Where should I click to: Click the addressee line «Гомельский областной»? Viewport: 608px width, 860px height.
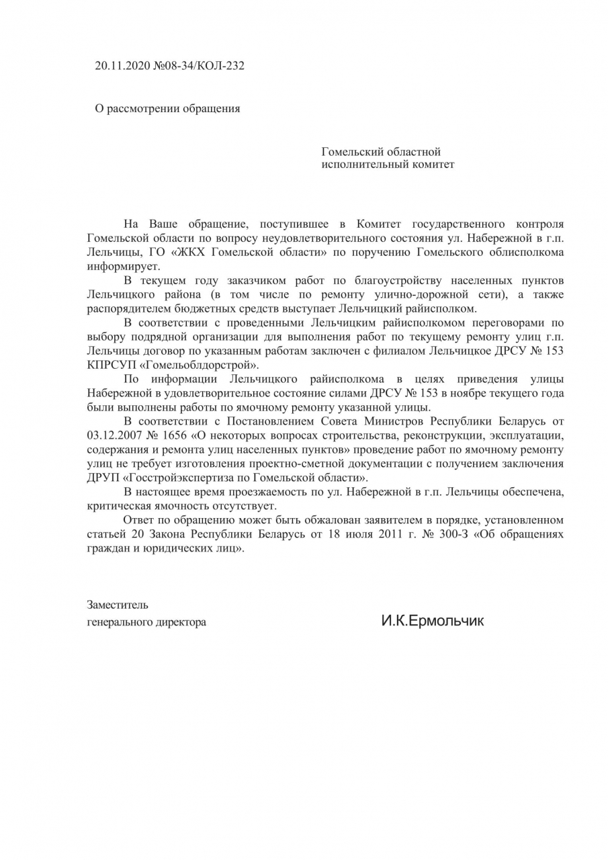pos(381,152)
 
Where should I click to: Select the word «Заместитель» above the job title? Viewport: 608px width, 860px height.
pos(118,605)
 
